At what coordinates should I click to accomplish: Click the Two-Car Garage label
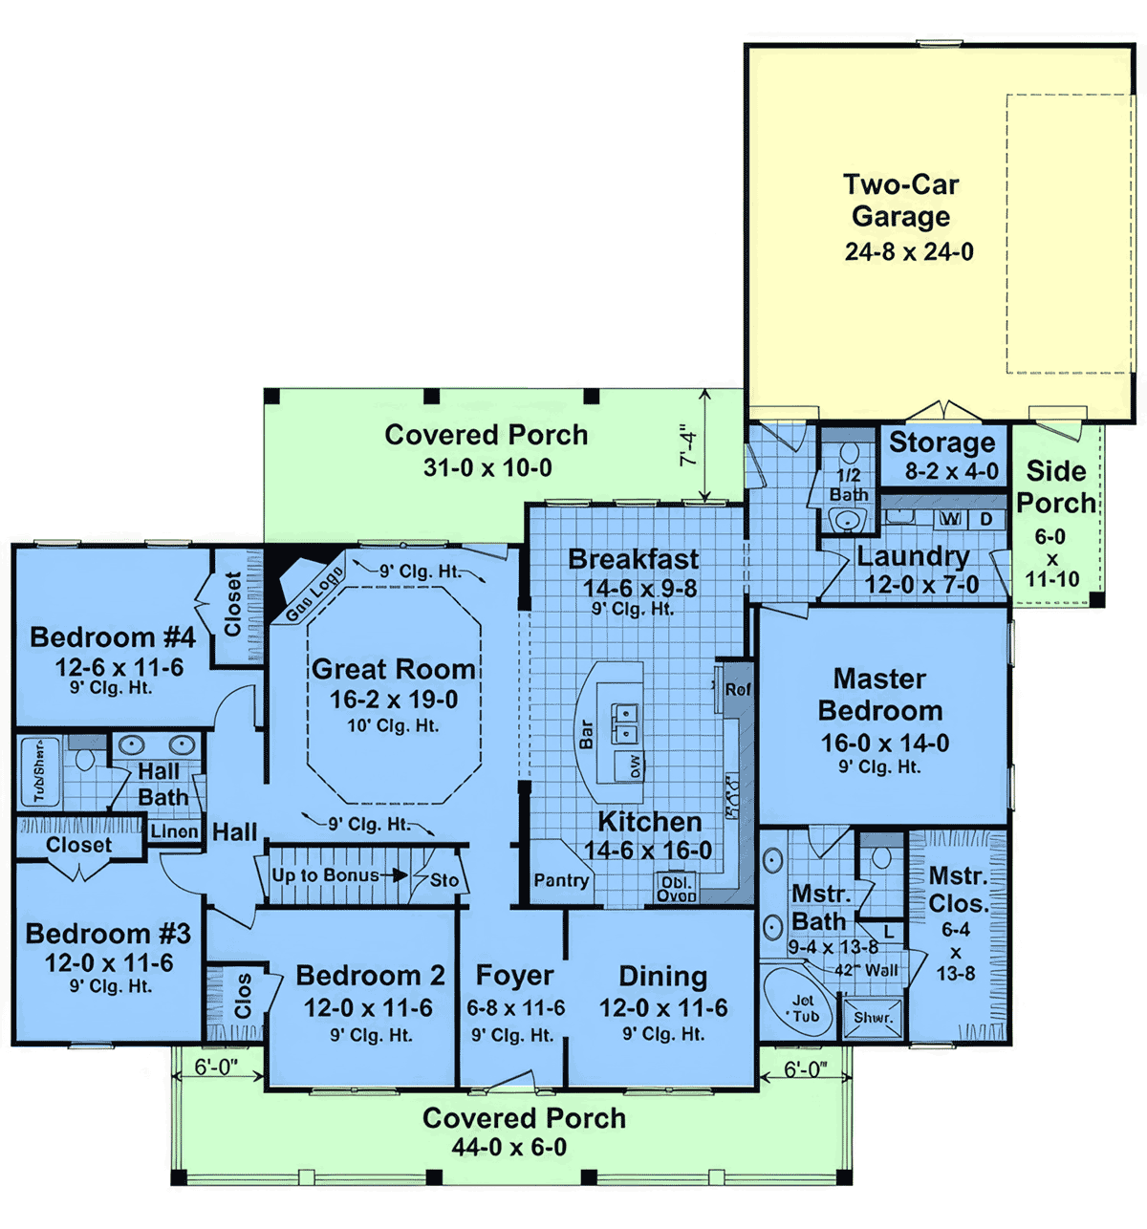[900, 200]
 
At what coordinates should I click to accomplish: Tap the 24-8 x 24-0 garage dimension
[909, 252]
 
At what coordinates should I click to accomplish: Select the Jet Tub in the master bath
[804, 1008]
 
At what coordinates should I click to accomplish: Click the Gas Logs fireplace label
[314, 593]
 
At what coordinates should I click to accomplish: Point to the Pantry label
[561, 880]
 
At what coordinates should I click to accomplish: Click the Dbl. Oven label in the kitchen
[676, 889]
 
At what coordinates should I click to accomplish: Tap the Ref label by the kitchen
[738, 689]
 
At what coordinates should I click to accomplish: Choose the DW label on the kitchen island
[636, 765]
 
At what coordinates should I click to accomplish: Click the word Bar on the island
[587, 734]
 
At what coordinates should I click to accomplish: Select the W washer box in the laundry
[950, 519]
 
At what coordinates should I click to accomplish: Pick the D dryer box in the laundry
[985, 519]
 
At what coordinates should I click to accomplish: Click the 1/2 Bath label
[849, 485]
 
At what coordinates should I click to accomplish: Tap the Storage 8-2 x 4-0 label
[943, 456]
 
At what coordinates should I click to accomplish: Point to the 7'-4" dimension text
[689, 445]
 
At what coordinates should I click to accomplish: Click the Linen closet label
[174, 831]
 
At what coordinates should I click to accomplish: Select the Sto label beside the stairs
[444, 880]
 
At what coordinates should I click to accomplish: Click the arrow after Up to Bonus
[394, 874]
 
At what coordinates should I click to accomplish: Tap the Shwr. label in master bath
[873, 1018]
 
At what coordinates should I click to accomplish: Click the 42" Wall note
[868, 970]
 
